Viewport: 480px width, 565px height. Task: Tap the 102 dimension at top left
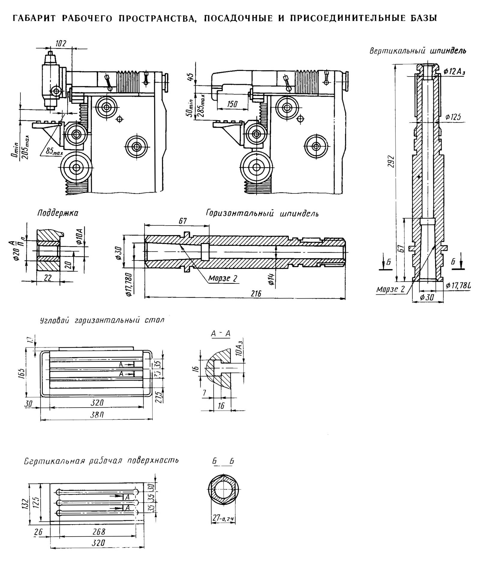coord(61,44)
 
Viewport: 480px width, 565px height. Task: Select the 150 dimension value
coord(232,104)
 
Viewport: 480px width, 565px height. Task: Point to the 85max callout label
coord(54,152)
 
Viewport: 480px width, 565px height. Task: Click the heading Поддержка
coord(58,213)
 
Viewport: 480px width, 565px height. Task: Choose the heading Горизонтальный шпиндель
coord(262,213)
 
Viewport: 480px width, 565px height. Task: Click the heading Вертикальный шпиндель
coord(418,51)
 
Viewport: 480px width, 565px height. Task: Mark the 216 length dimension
coord(256,293)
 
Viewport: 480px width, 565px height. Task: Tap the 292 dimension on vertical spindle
coord(390,161)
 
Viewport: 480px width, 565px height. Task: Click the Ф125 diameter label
coord(453,117)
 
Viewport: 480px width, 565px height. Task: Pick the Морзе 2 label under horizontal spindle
coord(223,278)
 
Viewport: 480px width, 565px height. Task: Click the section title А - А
coord(221,333)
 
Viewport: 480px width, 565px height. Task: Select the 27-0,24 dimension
coord(223,518)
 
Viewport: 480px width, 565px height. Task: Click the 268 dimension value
coord(99,531)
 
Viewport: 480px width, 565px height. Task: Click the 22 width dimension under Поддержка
coord(48,278)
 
